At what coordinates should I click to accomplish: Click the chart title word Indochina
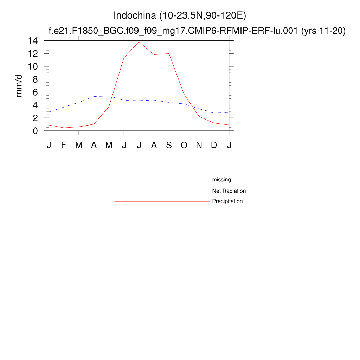(x=135, y=16)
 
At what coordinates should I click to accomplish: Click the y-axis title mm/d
(x=20, y=85)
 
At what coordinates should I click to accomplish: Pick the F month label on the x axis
(x=64, y=145)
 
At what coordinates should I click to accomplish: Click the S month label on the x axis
(x=169, y=145)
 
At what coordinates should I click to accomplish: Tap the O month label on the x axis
(x=184, y=145)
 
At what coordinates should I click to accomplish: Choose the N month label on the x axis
(x=199, y=145)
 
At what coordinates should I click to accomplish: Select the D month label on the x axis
(x=214, y=145)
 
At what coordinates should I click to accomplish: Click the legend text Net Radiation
(x=229, y=191)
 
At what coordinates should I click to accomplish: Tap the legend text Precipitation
(x=227, y=201)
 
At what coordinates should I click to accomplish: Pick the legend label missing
(x=221, y=180)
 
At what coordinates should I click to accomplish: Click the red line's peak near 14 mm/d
(x=139, y=42)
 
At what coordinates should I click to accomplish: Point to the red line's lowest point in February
(x=64, y=128)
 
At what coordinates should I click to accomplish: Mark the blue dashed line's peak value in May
(x=109, y=96)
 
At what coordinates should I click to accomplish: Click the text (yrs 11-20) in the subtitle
(x=323, y=31)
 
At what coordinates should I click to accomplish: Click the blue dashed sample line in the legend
(x=160, y=191)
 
